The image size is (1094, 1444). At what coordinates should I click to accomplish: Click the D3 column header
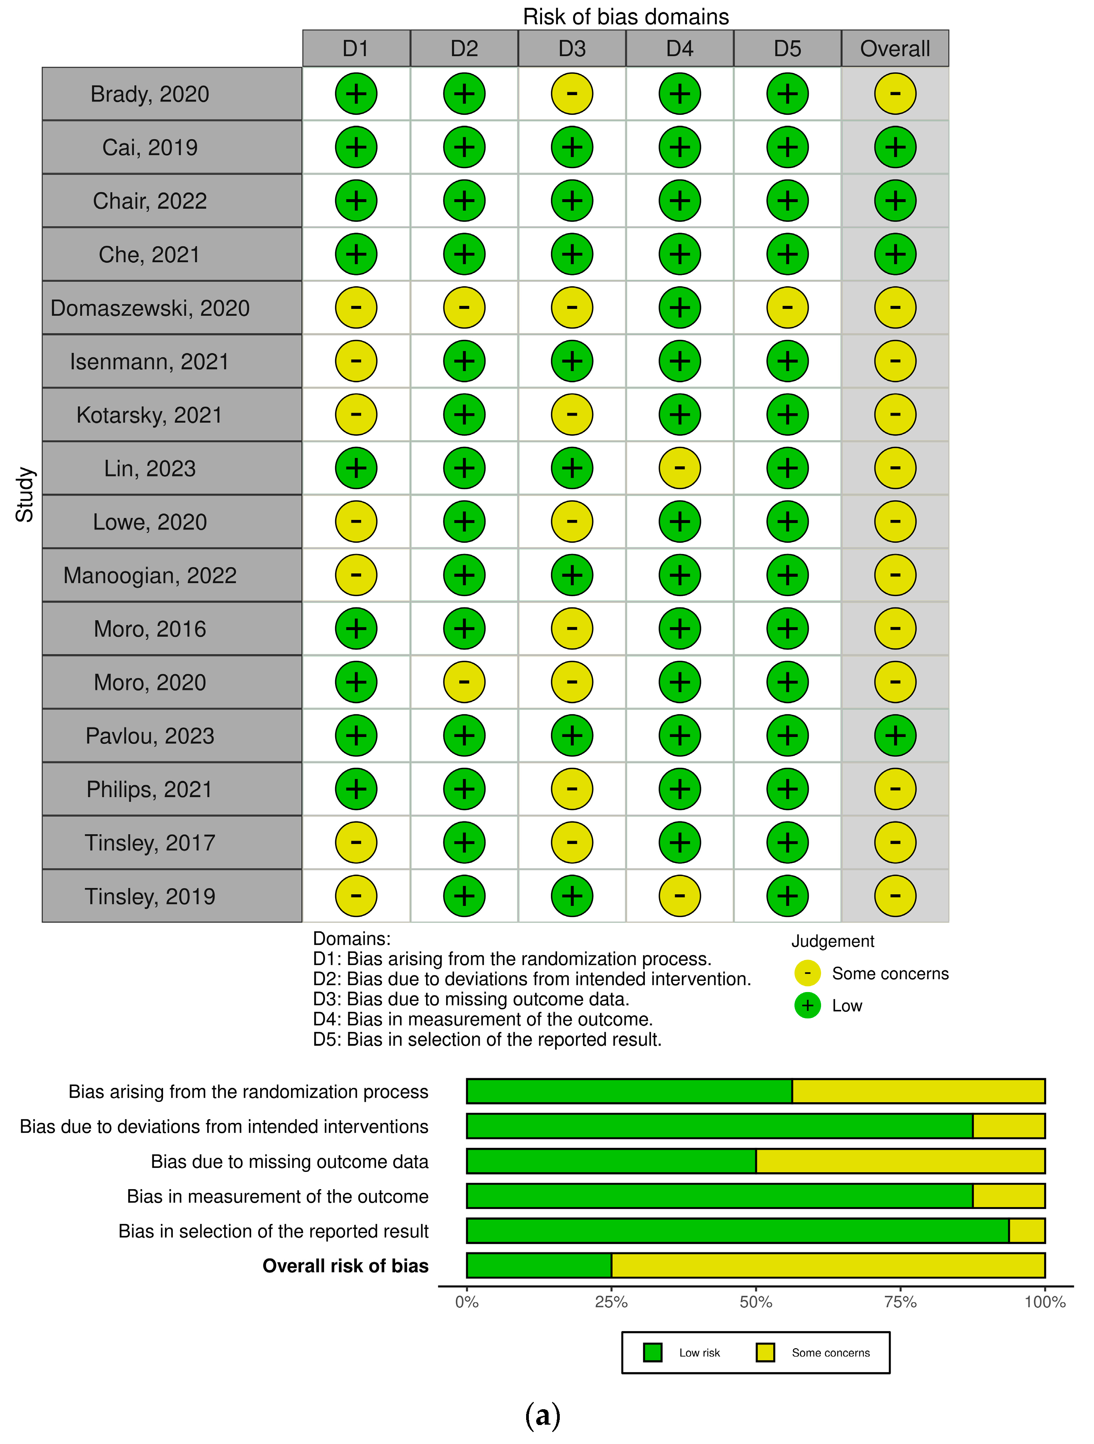tap(572, 48)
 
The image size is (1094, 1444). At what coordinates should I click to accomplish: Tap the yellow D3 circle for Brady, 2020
tap(572, 93)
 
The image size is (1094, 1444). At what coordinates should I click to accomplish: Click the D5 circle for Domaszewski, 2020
tap(787, 307)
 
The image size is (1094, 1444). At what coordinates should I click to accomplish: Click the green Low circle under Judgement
tap(808, 1005)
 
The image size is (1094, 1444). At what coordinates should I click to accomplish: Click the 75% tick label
tap(900, 1302)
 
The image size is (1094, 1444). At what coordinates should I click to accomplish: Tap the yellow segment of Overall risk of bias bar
tap(828, 1265)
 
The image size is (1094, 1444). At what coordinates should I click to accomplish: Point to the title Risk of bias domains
tap(625, 16)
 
